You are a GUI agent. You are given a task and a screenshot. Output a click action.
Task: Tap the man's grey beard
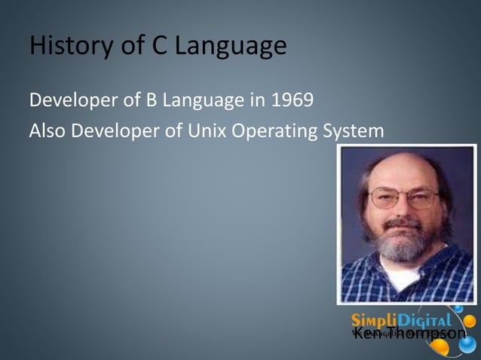[406, 245]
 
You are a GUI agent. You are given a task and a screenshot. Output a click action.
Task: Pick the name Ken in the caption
[367, 333]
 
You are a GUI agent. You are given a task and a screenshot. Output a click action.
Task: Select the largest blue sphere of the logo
[468, 344]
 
